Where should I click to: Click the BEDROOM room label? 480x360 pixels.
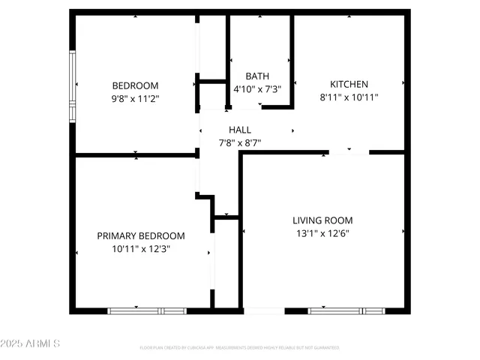(x=135, y=85)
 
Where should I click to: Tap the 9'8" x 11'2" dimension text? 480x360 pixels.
(x=135, y=98)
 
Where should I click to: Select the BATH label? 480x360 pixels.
(x=257, y=76)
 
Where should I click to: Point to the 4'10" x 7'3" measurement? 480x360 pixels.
(x=257, y=88)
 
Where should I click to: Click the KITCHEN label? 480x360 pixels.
(x=349, y=84)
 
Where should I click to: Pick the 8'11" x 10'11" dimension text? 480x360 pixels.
(x=349, y=97)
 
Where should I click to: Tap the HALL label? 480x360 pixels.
(x=240, y=130)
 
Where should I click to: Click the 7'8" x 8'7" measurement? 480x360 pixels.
(x=240, y=142)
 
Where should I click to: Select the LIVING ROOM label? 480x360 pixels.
(x=322, y=220)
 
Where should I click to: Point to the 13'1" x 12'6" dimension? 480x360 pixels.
(x=322, y=233)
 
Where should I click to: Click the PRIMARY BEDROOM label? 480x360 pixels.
(x=141, y=235)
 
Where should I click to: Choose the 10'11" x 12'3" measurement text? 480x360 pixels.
(x=141, y=248)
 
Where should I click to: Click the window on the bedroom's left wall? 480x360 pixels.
(x=73, y=86)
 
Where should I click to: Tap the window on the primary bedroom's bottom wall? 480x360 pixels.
(x=147, y=310)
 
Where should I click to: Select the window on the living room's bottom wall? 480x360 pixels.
(x=346, y=310)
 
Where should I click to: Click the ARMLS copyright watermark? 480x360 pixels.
(x=31, y=343)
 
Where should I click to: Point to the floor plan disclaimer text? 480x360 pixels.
(x=239, y=348)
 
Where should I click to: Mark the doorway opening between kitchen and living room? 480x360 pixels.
(x=349, y=152)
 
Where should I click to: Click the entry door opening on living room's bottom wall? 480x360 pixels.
(x=264, y=310)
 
